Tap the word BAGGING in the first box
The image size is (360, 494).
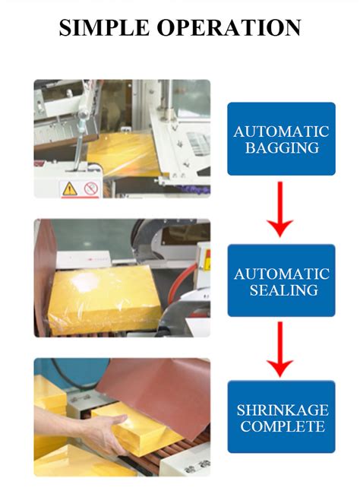coord(281,147)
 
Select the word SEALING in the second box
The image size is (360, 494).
coord(281,290)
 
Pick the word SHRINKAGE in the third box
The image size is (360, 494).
coord(281,410)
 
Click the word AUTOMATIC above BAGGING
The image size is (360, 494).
coord(281,131)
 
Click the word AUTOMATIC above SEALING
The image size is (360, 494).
coord(281,273)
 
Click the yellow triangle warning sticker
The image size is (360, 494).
coord(68,188)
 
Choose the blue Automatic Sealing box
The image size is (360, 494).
coord(281,280)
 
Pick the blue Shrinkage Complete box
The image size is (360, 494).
coord(281,417)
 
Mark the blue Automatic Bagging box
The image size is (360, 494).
coord(281,139)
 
